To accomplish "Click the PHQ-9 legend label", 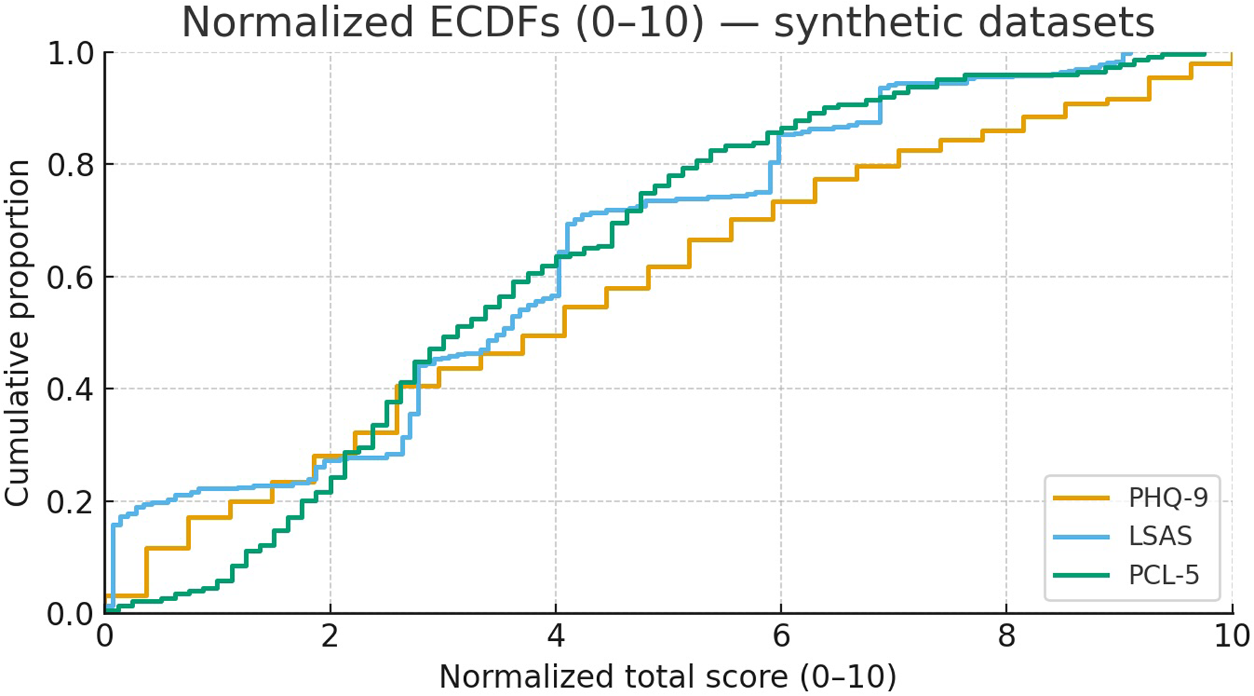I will click(x=1168, y=498).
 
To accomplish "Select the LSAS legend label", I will click(x=1160, y=536).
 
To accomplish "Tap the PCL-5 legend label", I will click(x=1163, y=575).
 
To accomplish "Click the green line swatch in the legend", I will click(x=1081, y=575).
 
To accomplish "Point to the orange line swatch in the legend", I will click(x=1081, y=498).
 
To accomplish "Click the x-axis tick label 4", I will click(x=555, y=636).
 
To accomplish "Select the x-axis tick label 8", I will click(x=1006, y=636).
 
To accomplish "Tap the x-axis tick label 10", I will click(x=1230, y=636).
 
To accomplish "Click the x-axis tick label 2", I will click(x=330, y=636).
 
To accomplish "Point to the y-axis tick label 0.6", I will click(x=70, y=277).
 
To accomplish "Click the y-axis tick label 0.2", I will click(x=70, y=501).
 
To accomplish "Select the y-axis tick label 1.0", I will click(x=70, y=53).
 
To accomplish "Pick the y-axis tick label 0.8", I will click(x=70, y=165).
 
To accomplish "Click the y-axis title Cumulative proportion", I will click(x=17, y=333).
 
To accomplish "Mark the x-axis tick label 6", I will click(x=780, y=636).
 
